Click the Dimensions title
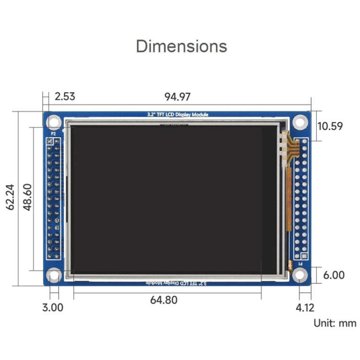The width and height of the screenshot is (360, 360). pos(181,46)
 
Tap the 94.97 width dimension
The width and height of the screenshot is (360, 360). pos(178,97)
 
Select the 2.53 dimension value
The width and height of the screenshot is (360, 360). pos(65,96)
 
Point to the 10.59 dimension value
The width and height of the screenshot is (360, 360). pos(330,126)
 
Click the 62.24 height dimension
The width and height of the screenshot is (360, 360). pos(11,198)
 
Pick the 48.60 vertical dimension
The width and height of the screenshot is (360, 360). pos(28,198)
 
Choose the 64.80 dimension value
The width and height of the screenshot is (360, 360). pos(164,300)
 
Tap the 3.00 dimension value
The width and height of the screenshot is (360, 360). pos(53,308)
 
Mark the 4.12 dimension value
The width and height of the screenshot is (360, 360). pos(305,308)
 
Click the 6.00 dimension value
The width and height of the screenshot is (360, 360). pos(334,275)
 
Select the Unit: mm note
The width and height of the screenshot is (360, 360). pos(335,323)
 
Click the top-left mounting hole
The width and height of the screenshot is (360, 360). pos(54,122)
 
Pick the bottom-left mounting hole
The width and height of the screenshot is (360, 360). pos(54,276)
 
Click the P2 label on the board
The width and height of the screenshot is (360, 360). pos(53,133)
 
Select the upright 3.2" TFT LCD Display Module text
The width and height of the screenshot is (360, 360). pos(178,115)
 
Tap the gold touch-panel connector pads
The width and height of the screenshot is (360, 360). pos(287,149)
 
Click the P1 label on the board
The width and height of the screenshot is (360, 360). pos(301,264)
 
